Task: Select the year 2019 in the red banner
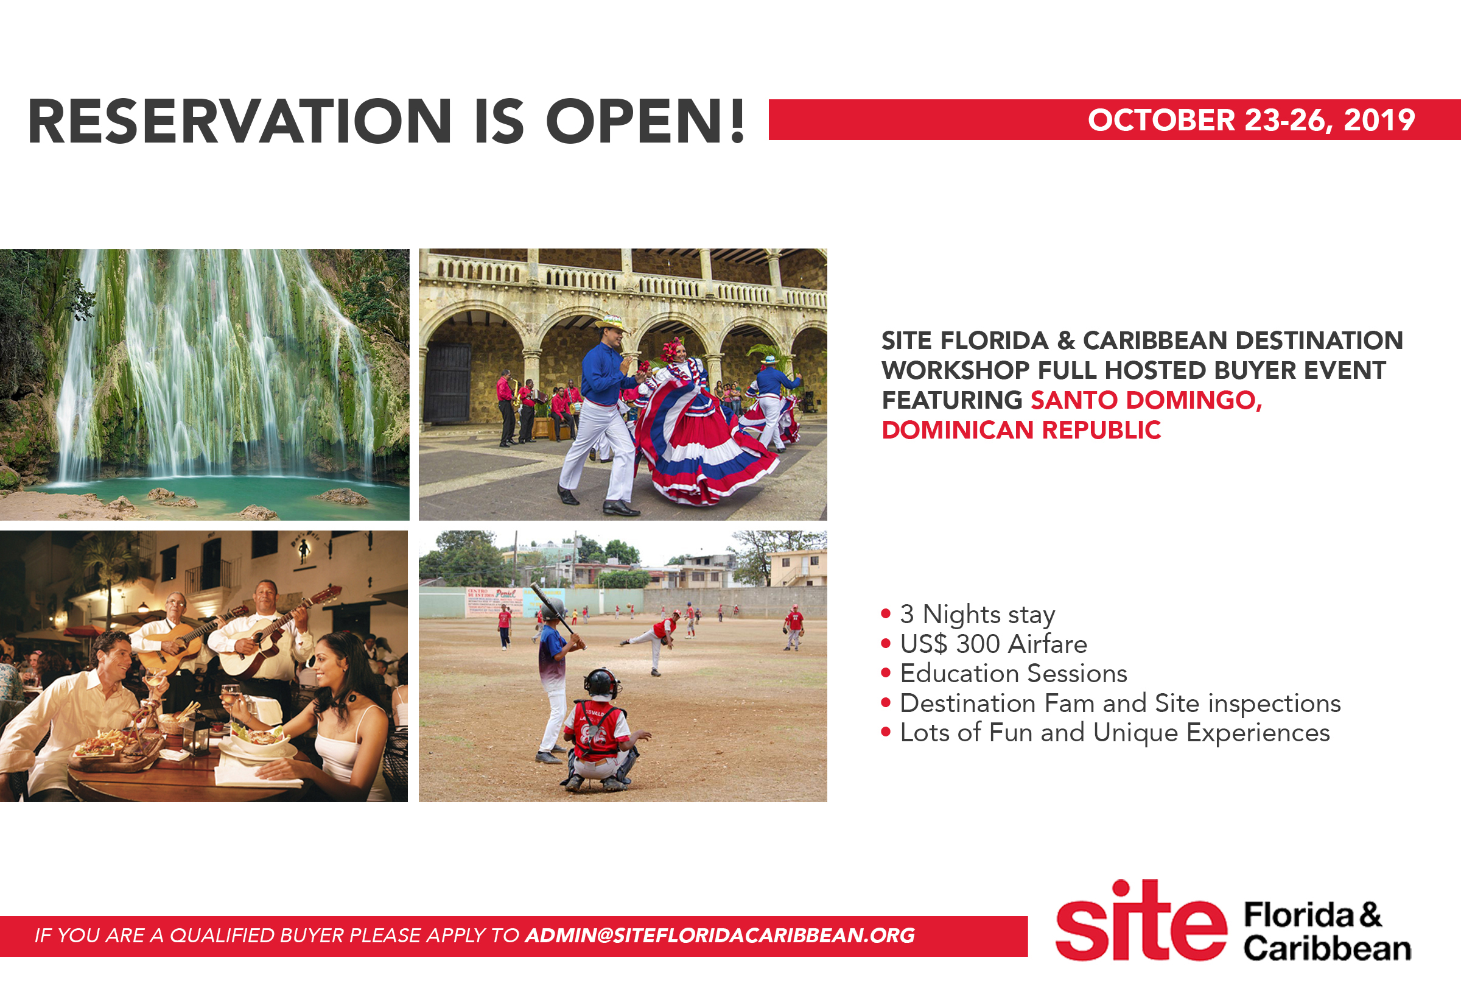1379,119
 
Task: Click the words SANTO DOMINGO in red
1146,400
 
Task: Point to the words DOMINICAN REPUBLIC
1021,430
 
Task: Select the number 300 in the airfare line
978,644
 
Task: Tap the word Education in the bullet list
960,673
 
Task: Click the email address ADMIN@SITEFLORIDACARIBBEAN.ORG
720,935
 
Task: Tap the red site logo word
1141,921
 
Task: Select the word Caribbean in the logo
1327,948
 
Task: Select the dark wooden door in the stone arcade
447,383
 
